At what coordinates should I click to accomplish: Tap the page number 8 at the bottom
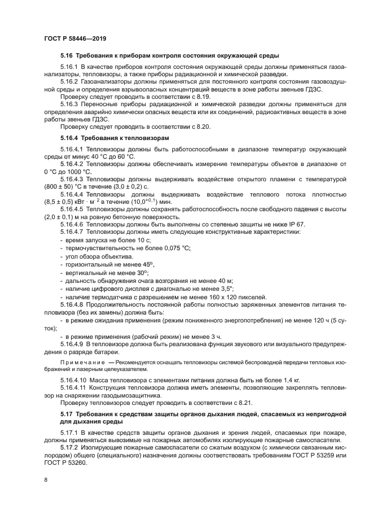[x=46, y=481]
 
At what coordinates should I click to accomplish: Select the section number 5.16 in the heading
[x=67, y=56]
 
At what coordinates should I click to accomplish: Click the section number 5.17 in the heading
[x=67, y=415]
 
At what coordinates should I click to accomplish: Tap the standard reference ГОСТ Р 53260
[x=68, y=460]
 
